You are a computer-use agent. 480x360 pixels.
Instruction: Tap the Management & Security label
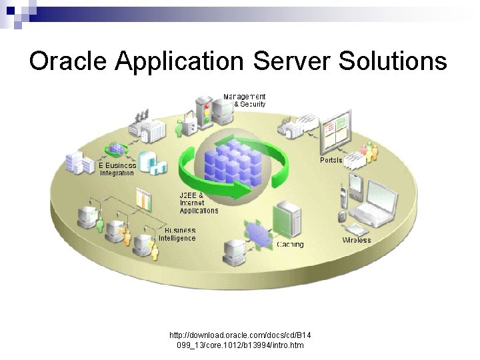click(244, 101)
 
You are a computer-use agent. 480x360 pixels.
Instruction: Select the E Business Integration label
click(117, 169)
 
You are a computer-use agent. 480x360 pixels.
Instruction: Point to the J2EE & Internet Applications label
click(198, 203)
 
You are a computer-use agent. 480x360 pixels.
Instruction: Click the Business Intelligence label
click(177, 234)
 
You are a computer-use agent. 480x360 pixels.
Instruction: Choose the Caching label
click(290, 245)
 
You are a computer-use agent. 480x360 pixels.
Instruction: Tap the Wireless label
click(357, 240)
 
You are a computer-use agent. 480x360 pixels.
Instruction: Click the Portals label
click(331, 160)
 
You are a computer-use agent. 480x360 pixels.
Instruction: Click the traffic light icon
click(207, 111)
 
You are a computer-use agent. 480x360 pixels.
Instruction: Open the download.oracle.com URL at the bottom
click(240, 339)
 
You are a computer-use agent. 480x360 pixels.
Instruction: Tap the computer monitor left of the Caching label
click(234, 250)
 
